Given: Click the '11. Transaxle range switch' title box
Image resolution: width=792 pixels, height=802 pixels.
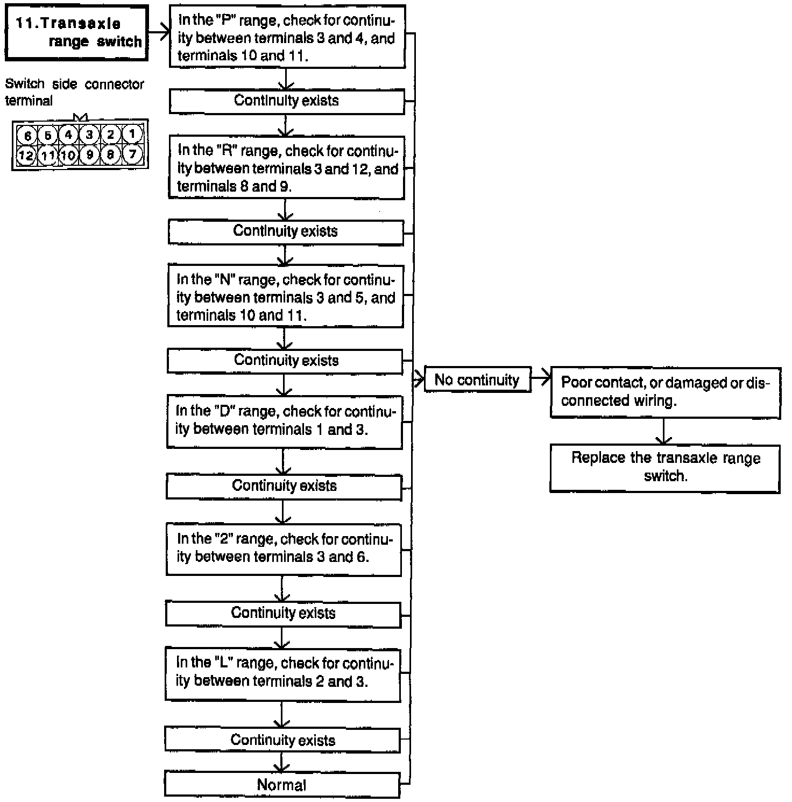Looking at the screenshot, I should click(x=76, y=33).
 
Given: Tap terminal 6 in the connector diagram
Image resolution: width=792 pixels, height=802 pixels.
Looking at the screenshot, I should click(x=27, y=135).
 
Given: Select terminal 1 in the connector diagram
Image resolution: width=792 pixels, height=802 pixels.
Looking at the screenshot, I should click(x=132, y=134).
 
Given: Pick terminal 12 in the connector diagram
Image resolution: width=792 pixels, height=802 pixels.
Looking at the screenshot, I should click(x=26, y=156).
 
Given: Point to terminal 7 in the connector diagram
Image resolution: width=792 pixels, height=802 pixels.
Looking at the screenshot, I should click(x=132, y=155).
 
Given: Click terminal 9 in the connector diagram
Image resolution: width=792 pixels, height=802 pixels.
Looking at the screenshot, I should click(x=90, y=156).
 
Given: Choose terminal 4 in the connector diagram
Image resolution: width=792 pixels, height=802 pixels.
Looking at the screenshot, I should click(x=68, y=135).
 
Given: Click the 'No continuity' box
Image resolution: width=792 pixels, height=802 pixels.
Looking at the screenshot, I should click(x=477, y=380).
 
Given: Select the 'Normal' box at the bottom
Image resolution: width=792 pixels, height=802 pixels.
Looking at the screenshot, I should click(x=282, y=785).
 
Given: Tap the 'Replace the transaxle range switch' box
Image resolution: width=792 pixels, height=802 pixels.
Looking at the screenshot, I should click(x=665, y=467).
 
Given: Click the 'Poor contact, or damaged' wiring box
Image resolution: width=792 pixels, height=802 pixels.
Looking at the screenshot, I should click(x=665, y=392).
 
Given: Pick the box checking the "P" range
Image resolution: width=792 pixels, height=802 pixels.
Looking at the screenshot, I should click(x=287, y=38).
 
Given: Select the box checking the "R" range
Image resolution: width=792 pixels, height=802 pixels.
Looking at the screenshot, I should click(x=286, y=168).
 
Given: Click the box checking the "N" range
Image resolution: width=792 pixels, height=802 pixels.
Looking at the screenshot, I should click(x=285, y=297).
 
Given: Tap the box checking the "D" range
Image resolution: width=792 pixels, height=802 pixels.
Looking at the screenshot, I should click(x=284, y=420).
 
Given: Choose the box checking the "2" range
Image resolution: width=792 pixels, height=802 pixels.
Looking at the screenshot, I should click(x=284, y=548).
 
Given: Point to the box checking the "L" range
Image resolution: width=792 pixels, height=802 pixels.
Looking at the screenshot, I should click(x=282, y=672).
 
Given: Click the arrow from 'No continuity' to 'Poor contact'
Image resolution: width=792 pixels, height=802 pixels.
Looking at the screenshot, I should click(x=540, y=379).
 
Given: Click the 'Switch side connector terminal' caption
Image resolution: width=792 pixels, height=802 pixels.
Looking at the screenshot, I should click(x=74, y=92).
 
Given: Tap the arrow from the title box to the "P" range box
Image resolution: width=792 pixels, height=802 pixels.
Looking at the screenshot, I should click(x=158, y=33).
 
